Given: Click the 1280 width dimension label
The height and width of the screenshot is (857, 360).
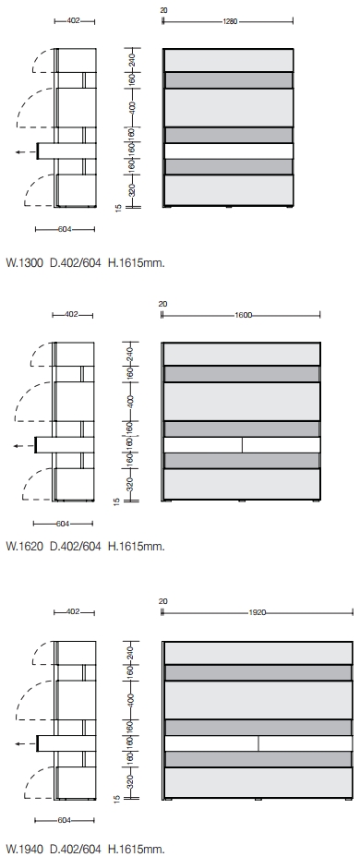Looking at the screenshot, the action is click(x=230, y=21).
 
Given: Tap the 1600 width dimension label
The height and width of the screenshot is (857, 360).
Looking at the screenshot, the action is click(x=244, y=315).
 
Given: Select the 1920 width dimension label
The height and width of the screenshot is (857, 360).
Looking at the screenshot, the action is click(x=257, y=612).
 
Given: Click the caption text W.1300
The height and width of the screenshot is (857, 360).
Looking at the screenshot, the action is click(x=24, y=263).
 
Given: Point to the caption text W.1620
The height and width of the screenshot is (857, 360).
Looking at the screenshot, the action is click(x=24, y=546).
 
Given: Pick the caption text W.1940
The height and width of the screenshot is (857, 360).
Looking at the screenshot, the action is click(x=24, y=849).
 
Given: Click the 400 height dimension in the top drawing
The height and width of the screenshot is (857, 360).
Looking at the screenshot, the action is click(x=132, y=107).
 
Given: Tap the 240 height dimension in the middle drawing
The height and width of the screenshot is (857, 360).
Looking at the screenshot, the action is click(x=130, y=354).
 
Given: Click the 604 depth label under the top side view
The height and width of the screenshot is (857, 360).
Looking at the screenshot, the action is click(x=65, y=230).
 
